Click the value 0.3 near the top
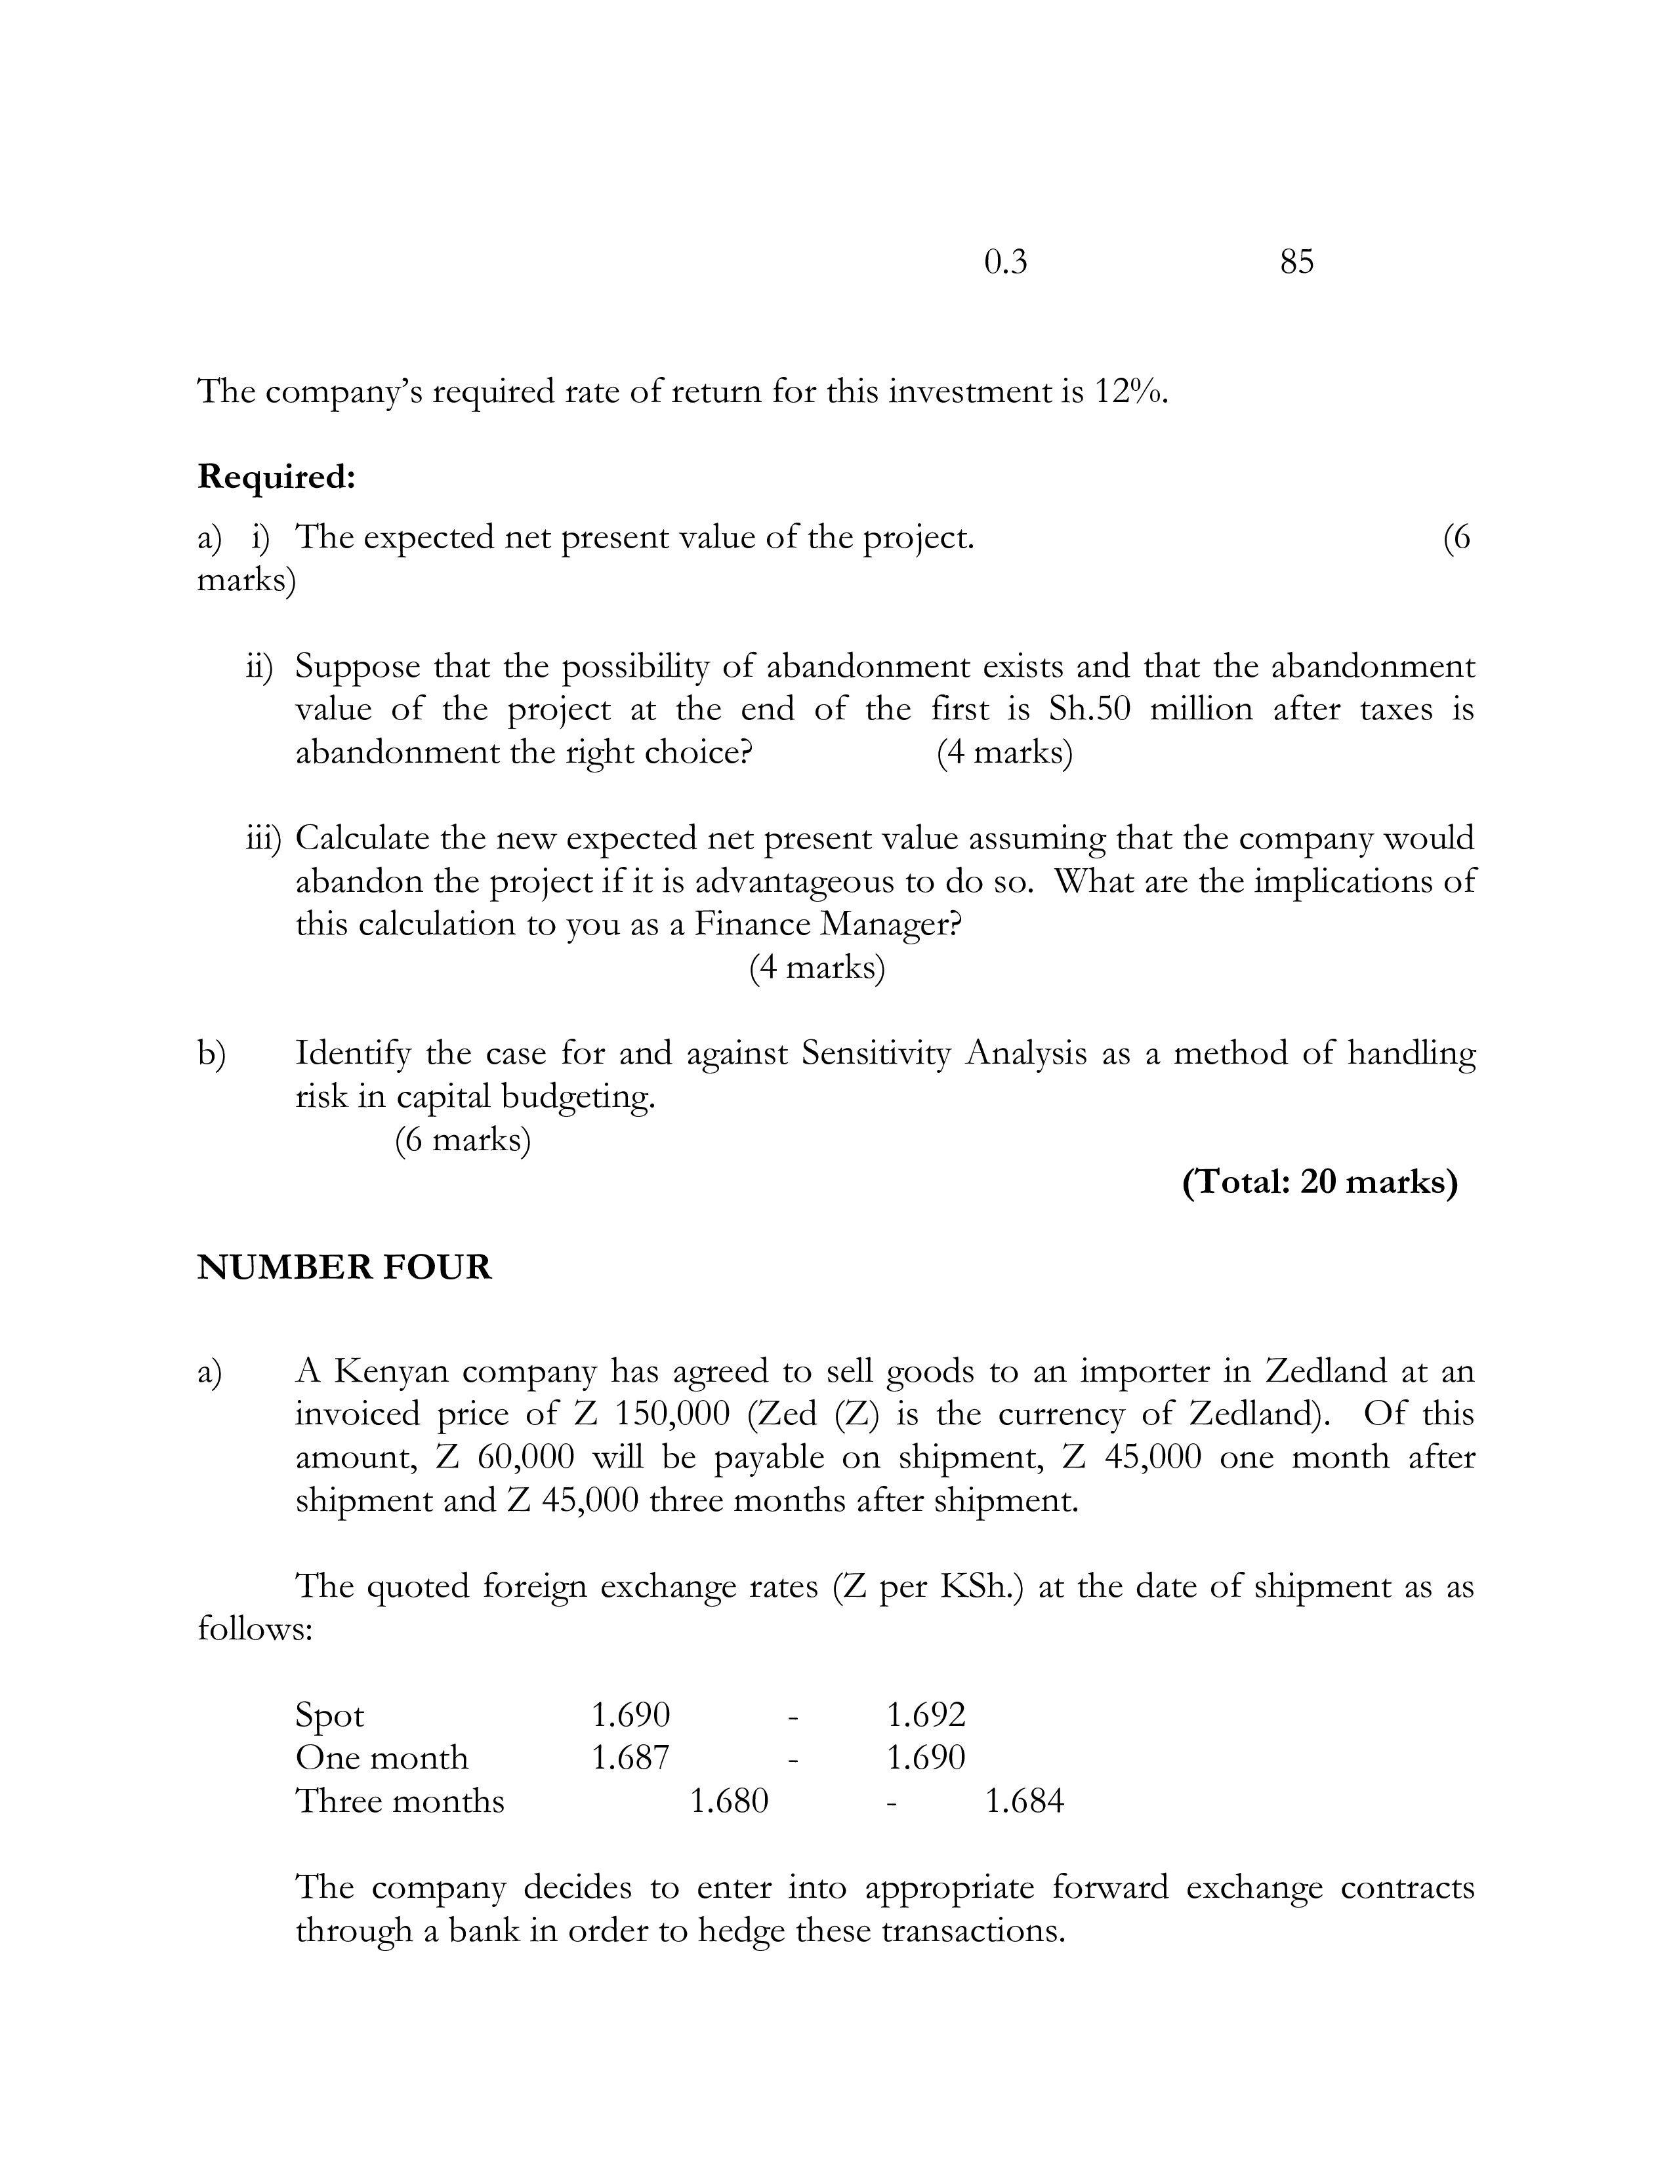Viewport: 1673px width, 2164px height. pyautogui.click(x=1005, y=262)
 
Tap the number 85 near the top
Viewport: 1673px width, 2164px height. pyautogui.click(x=1296, y=262)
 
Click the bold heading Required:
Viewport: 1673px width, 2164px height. pyautogui.click(x=276, y=477)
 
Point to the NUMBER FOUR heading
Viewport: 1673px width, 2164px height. pyautogui.click(x=344, y=1268)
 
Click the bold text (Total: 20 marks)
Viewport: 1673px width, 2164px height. pyautogui.click(x=1319, y=1182)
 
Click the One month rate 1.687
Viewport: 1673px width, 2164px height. pyautogui.click(x=630, y=1757)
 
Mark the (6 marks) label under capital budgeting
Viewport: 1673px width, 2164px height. pyautogui.click(x=463, y=1140)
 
